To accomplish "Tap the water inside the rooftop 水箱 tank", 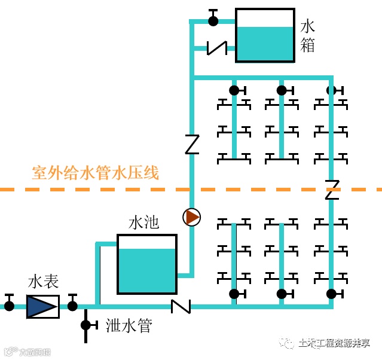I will pos(265,44).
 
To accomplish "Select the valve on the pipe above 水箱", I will pos(213,20).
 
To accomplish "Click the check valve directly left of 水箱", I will pos(216,47).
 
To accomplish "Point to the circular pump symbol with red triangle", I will pos(191,217).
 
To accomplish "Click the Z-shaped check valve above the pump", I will pos(191,145).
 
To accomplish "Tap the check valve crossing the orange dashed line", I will pos(332,190).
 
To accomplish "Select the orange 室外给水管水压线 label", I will pos(95,173).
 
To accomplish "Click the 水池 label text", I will pos(144,222).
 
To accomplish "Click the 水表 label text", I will pos(43,282).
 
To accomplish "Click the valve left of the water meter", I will pos(9,305).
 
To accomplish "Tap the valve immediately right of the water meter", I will pos(72,305).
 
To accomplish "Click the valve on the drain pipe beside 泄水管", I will pos(86,325).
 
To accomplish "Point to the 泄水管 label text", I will pos(129,326).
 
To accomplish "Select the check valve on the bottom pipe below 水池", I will pos(181,306).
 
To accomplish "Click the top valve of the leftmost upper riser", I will pos(234,90).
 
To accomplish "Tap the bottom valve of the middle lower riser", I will pos(282,294).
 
